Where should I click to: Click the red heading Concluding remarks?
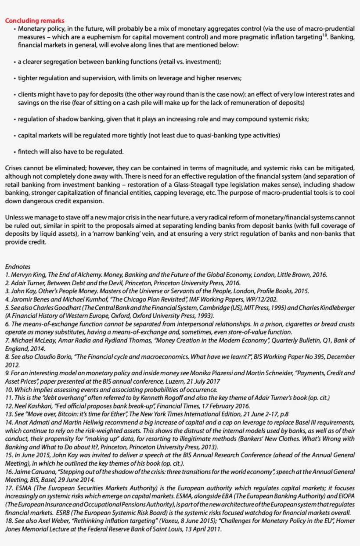[x=35, y=21]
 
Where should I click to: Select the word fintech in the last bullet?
[x=28, y=152]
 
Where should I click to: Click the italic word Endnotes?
[x=18, y=266]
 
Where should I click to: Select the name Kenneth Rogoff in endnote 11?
[x=161, y=398]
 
